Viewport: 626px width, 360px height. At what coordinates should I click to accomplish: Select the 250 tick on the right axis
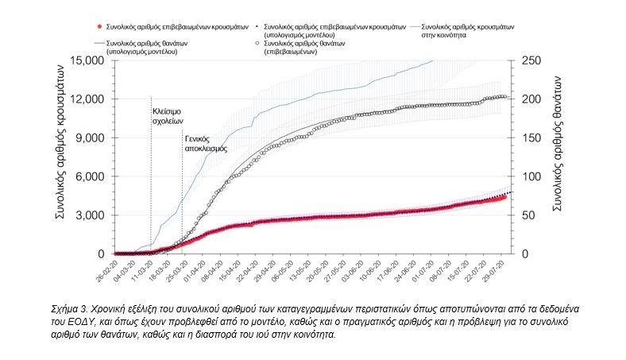[529, 60]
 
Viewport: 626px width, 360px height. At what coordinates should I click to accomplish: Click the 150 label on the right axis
[529, 137]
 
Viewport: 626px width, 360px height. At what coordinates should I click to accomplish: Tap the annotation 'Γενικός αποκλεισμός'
[200, 143]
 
